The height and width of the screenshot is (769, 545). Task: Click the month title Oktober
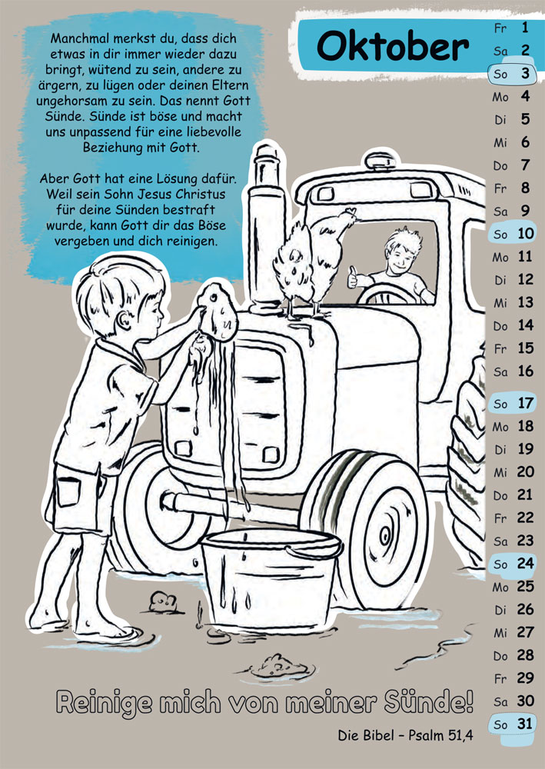click(x=393, y=47)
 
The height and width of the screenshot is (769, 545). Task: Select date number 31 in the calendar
click(x=525, y=724)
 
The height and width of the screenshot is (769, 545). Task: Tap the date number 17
click(x=525, y=403)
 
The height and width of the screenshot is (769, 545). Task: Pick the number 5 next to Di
click(x=525, y=119)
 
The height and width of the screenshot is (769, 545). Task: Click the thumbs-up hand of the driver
click(x=352, y=278)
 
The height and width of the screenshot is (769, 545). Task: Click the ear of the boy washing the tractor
click(x=123, y=319)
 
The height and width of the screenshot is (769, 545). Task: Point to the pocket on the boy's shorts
click(x=68, y=491)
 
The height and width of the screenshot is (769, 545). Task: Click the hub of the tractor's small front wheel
click(x=386, y=537)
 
